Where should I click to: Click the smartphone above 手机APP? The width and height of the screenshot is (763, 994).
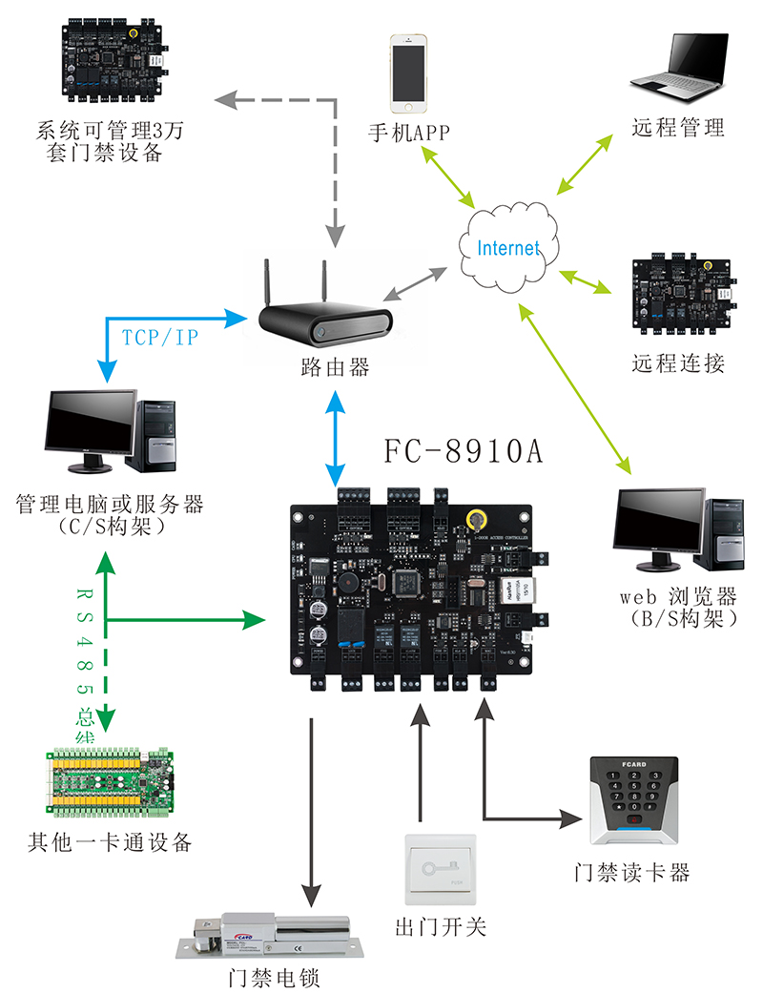[408, 73]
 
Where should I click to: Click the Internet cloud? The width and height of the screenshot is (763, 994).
[506, 247]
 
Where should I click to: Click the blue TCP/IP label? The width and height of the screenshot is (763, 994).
[160, 337]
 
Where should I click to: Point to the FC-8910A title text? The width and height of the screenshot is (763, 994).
[464, 450]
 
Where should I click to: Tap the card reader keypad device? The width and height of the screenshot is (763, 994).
[632, 799]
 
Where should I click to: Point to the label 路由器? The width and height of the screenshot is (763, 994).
[333, 367]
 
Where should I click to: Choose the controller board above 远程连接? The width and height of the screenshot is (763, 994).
[684, 296]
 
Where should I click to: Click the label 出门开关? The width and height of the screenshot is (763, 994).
[441, 926]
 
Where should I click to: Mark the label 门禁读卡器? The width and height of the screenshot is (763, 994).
[631, 872]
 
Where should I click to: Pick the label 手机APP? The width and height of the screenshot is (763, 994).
[409, 133]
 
